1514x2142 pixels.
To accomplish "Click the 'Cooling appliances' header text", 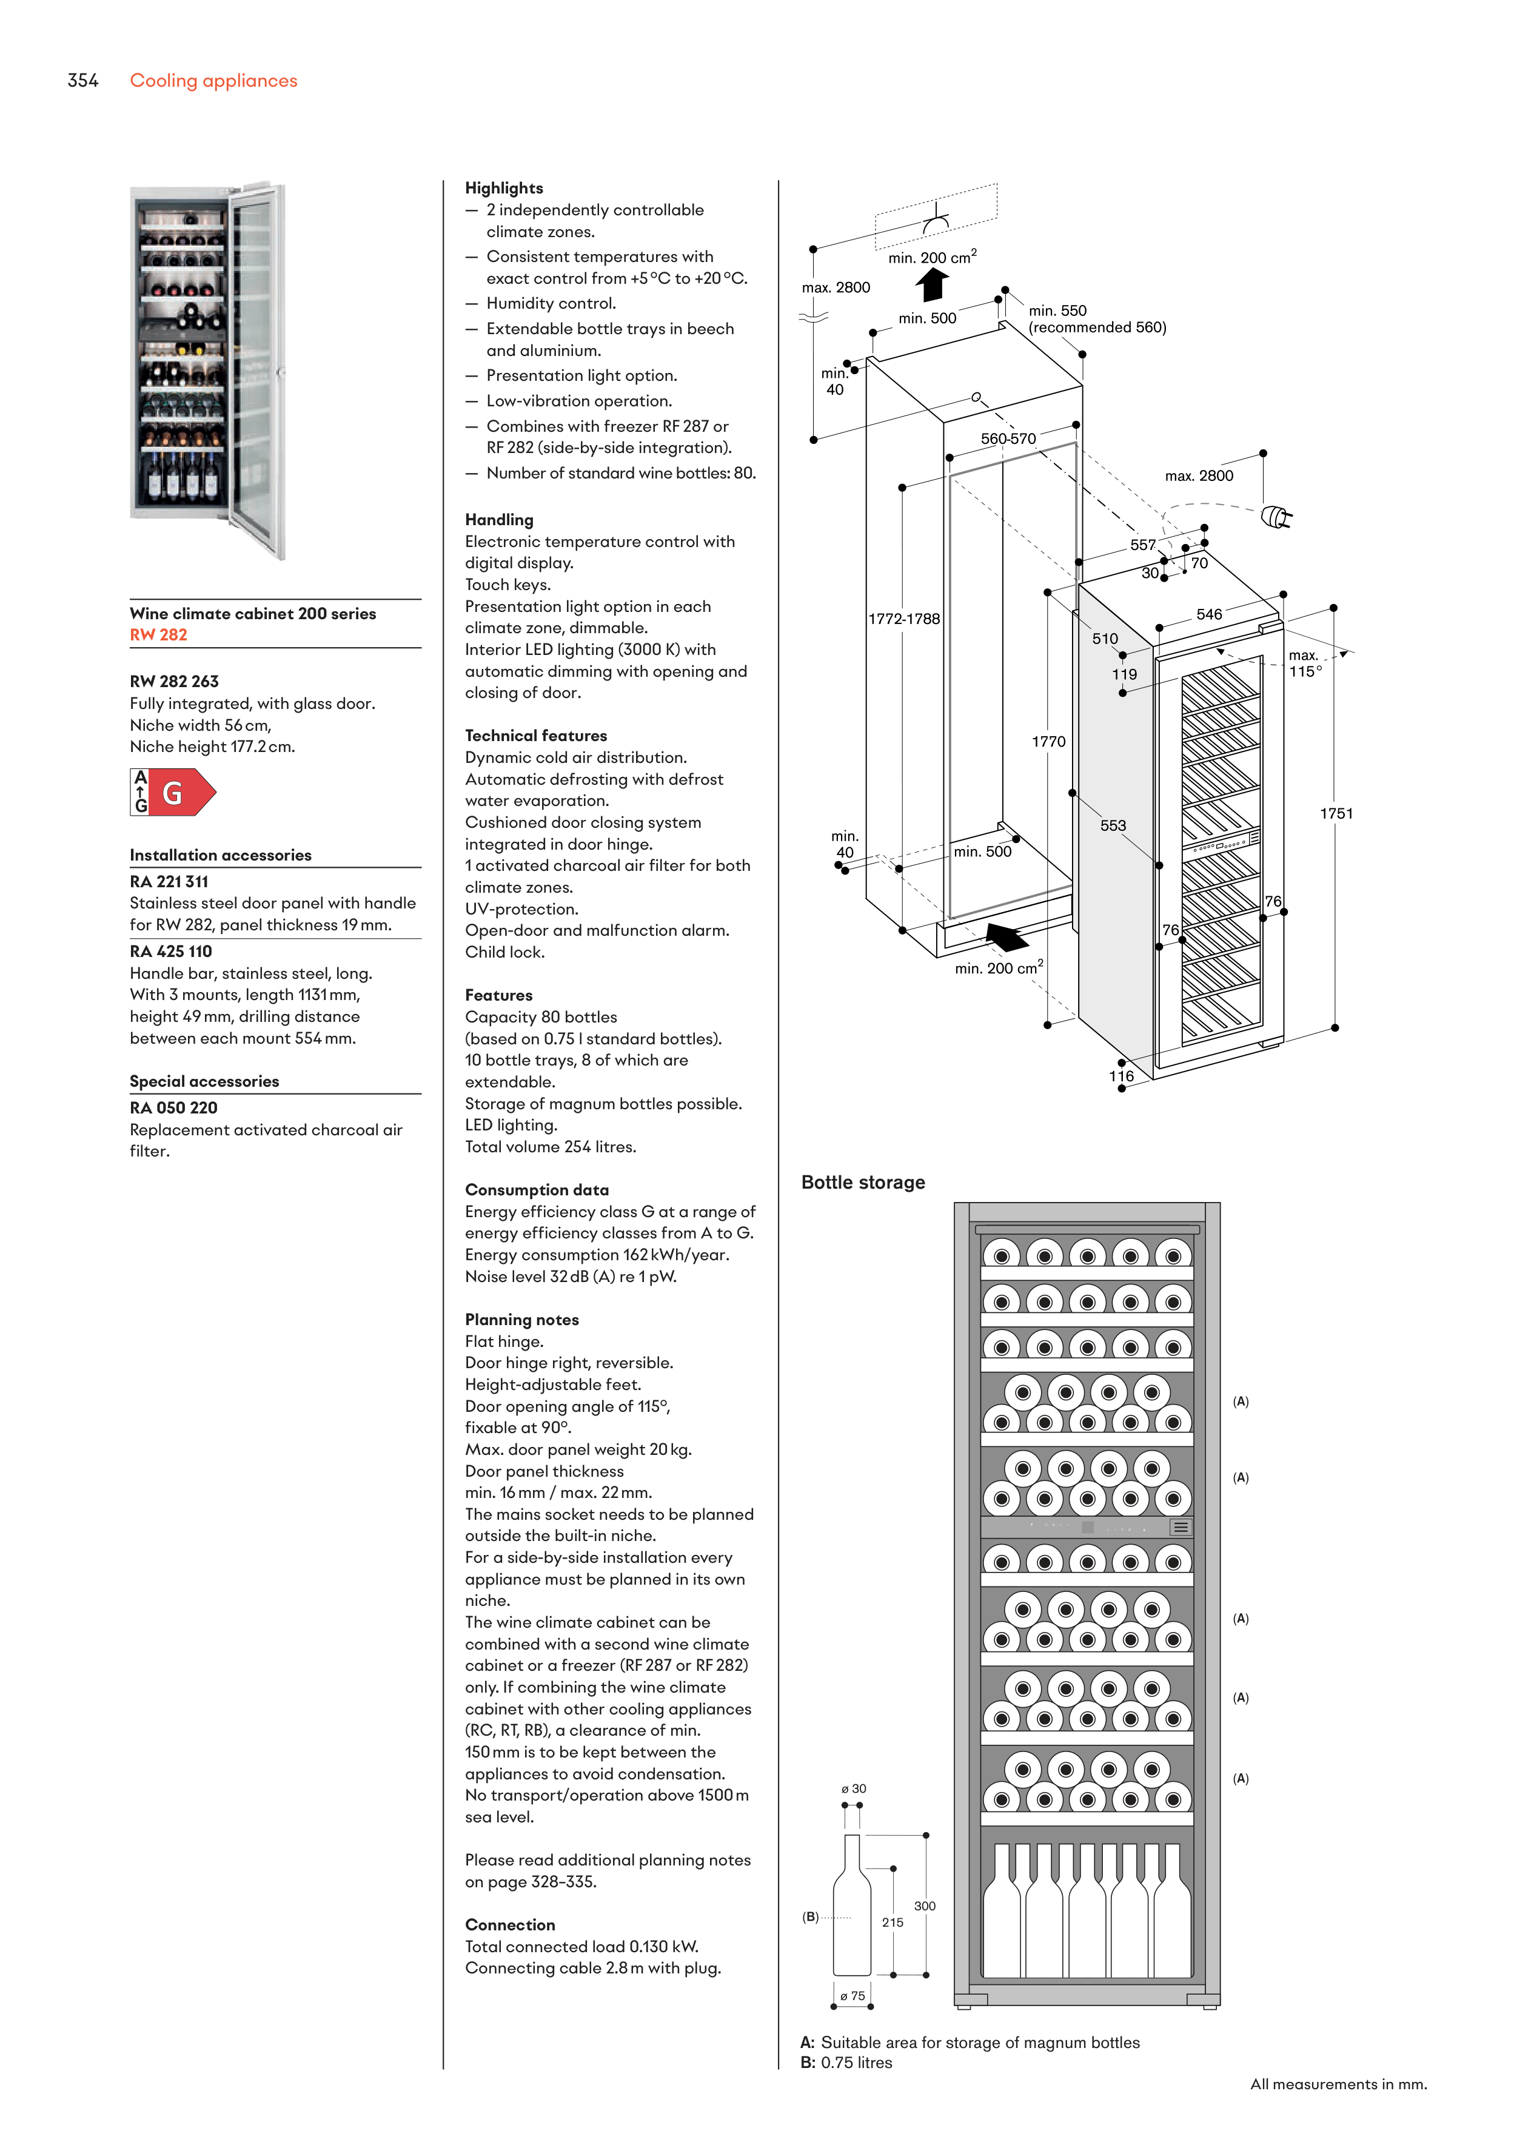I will click(213, 81).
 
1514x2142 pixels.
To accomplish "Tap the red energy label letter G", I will click(173, 793).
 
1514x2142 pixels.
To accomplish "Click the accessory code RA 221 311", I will click(169, 882).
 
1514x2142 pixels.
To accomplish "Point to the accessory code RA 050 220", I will click(173, 1107).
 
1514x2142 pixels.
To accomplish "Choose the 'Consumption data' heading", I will click(537, 1189).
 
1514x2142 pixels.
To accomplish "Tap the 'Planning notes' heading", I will click(521, 1319).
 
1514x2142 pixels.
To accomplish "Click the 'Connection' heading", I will click(509, 1925).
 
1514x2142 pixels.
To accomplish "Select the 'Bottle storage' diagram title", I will click(863, 1182).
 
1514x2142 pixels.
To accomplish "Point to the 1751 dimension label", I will click(1336, 813).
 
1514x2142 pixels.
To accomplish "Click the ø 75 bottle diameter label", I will click(852, 1995).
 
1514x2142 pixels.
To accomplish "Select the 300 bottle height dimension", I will click(925, 1906).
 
